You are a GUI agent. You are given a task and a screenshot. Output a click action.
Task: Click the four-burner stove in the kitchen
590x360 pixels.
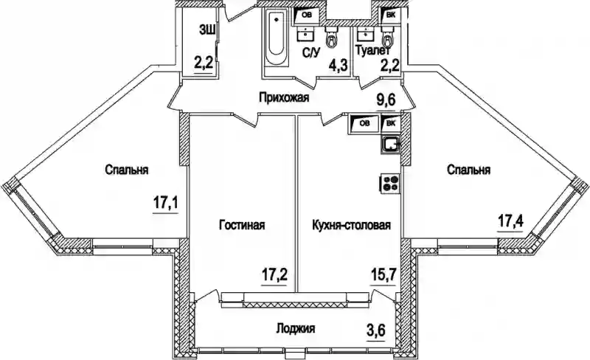(389, 182)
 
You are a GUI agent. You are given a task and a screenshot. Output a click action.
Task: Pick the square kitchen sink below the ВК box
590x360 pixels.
(390, 144)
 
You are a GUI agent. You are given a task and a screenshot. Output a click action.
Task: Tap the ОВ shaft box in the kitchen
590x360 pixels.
(364, 123)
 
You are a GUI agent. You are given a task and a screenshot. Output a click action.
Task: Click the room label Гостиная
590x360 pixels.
(242, 225)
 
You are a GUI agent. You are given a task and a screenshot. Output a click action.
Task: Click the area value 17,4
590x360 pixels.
(510, 219)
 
